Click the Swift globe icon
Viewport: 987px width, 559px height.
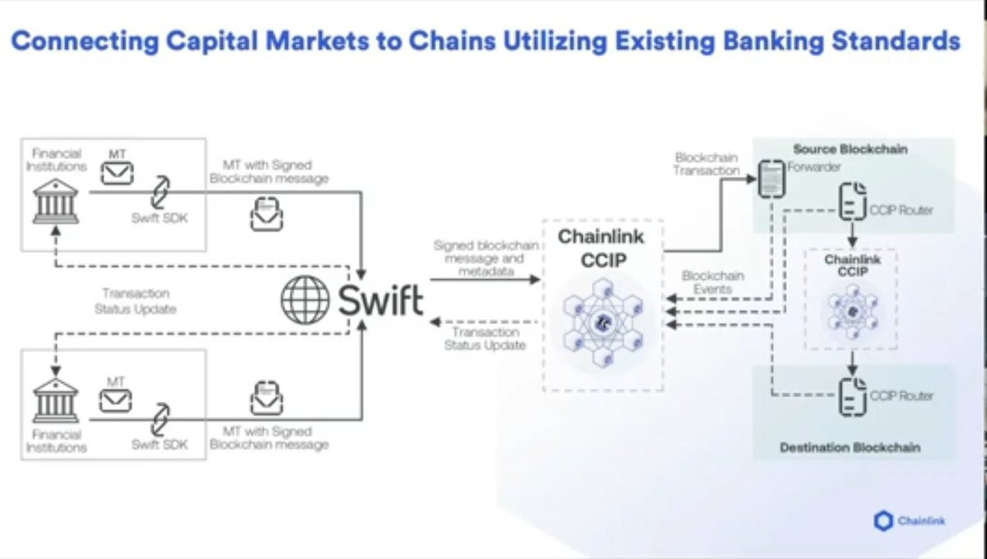pyautogui.click(x=305, y=300)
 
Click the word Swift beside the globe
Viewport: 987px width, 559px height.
pyautogui.click(x=380, y=300)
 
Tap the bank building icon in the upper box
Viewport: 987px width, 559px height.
pyautogui.click(x=56, y=201)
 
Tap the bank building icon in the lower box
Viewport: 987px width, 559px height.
pyautogui.click(x=56, y=400)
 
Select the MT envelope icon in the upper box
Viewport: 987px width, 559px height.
pyautogui.click(x=117, y=173)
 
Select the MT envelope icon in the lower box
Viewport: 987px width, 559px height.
pyautogui.click(x=115, y=401)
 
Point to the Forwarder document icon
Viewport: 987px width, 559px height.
pyautogui.click(x=771, y=178)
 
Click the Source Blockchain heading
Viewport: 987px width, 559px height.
pyautogui.click(x=850, y=149)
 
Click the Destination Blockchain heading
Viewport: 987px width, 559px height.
pyautogui.click(x=850, y=448)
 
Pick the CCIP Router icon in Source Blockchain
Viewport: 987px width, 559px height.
pyautogui.click(x=852, y=203)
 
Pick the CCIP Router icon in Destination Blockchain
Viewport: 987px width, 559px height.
pyautogui.click(x=852, y=396)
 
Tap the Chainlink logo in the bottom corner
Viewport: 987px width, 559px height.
pyautogui.click(x=910, y=521)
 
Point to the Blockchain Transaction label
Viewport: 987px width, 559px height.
pyautogui.click(x=706, y=164)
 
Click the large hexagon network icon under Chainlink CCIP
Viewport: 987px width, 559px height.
pyautogui.click(x=602, y=321)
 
